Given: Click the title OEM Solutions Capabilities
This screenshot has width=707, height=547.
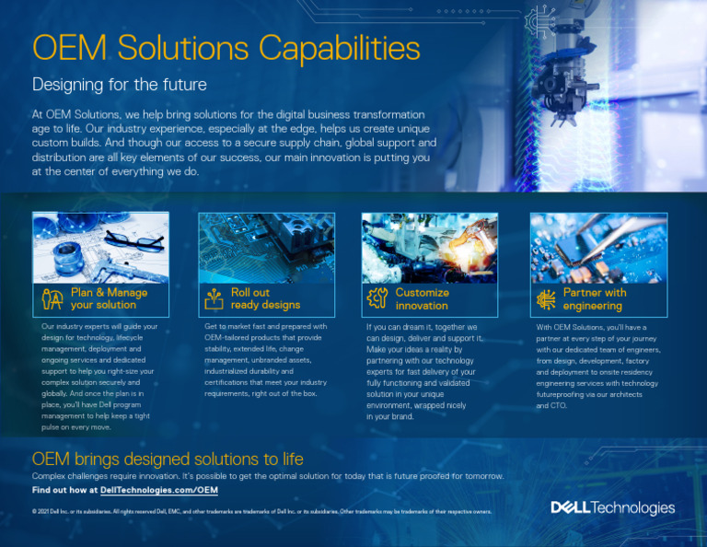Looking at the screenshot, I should coord(226,48).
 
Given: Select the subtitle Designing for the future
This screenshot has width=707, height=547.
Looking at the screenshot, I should coord(120,85).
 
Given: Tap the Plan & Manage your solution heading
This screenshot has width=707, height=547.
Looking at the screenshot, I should coord(109,298).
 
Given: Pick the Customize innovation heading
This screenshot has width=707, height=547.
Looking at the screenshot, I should coord(422,298).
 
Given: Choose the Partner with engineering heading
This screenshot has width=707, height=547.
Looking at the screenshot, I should coord(594,298).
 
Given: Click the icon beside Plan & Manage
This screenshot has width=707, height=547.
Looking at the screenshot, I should coord(52,298).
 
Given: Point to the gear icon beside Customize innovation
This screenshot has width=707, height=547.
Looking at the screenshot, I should coord(377,298).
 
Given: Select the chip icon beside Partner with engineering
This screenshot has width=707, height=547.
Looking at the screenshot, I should coord(546,298).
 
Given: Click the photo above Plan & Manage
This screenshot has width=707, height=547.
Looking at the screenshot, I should coord(100,248).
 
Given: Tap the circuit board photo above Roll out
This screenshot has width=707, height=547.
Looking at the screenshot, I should coord(266,248).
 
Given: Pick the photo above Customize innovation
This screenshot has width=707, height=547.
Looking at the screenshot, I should coord(429,248).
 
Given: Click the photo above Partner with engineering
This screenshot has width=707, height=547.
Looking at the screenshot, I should coord(597,248).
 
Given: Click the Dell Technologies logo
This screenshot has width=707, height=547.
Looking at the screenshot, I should coord(612,507).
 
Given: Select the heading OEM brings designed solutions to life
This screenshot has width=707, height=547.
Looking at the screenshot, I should coord(168,459).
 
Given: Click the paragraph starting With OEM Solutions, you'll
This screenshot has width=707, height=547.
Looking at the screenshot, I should coord(597,366).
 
